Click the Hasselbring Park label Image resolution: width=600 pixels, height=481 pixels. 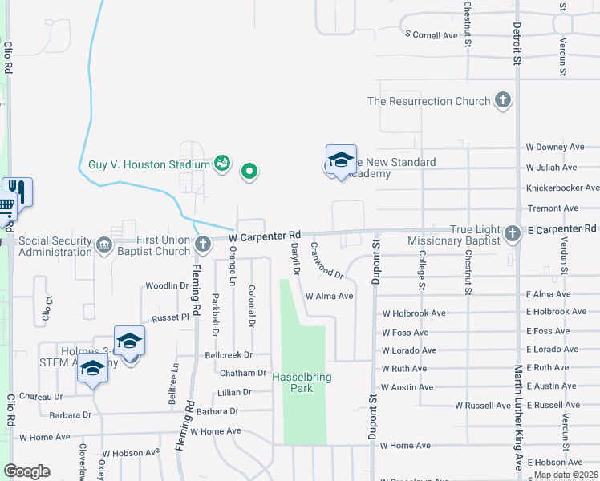pos(301,382)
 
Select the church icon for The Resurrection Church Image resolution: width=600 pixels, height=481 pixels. pos(503,101)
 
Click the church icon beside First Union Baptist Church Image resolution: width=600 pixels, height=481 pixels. pos(203,241)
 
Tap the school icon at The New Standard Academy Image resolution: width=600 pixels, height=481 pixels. pos(341,159)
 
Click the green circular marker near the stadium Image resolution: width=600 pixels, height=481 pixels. pos(249,170)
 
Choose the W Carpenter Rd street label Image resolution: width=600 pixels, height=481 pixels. pos(264,237)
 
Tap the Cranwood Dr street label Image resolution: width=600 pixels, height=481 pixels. pos(326,261)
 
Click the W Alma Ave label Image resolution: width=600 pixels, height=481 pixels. pos(329,296)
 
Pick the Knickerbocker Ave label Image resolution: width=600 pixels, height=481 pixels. pos(562,188)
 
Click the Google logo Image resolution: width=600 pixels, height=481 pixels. pos(26,471)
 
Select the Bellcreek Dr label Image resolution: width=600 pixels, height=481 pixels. pos(229,354)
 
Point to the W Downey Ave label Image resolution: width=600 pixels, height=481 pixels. pos(555,148)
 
